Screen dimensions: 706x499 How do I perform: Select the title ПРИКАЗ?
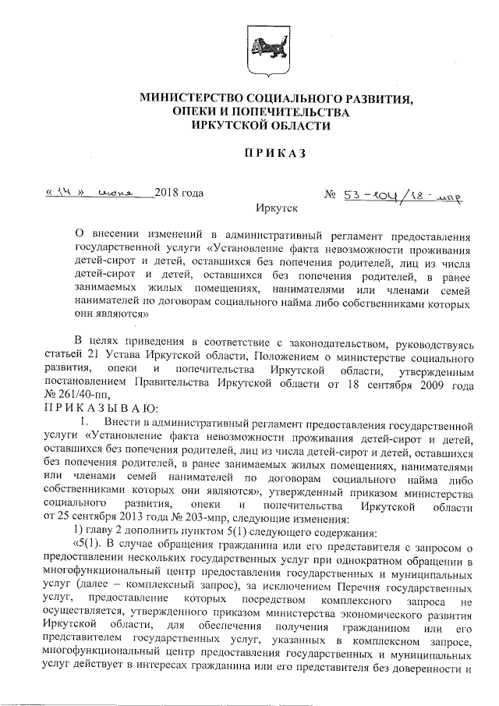(x=270, y=153)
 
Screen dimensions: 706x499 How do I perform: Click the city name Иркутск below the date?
(x=276, y=210)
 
